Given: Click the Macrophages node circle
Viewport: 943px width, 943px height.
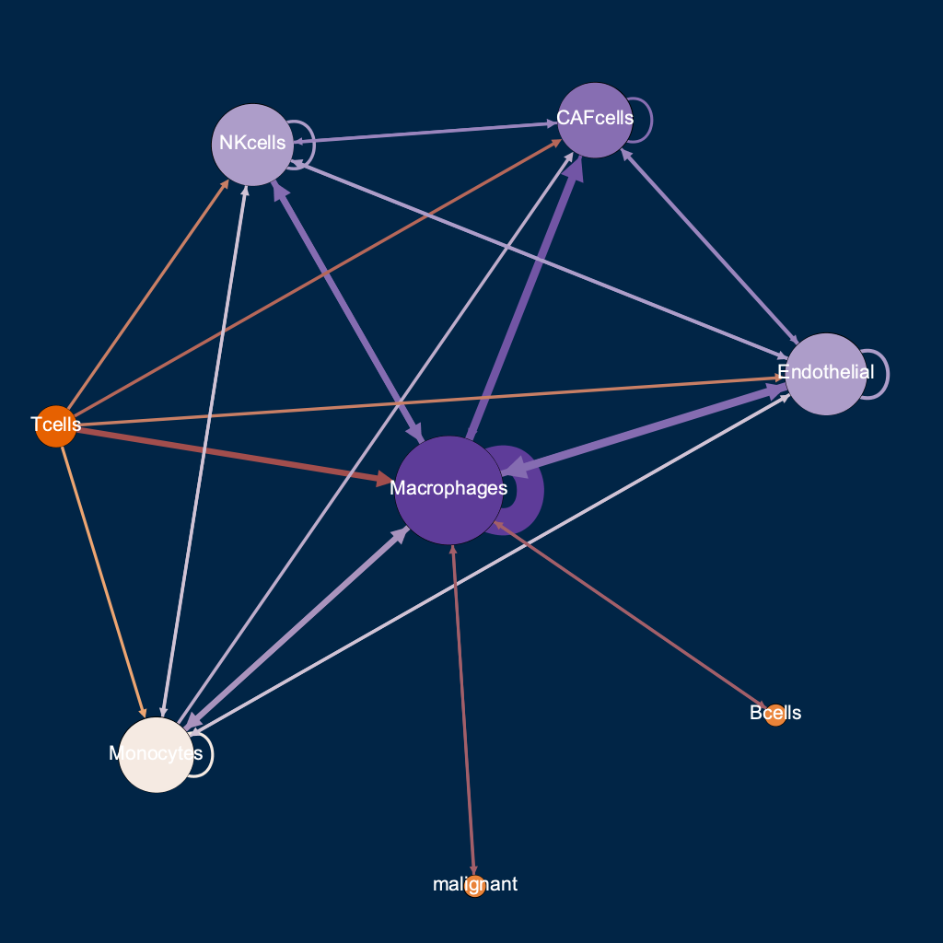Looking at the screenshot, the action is (448, 490).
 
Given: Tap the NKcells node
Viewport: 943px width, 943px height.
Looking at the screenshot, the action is (252, 144).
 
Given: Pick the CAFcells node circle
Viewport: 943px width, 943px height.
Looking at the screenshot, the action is (595, 120).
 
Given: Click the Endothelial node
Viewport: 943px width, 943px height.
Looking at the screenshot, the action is (826, 374).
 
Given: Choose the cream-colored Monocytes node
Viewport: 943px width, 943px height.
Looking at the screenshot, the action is (157, 754).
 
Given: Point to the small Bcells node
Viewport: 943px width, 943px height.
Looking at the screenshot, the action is (775, 715).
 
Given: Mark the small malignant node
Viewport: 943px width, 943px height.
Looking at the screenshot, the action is (475, 886).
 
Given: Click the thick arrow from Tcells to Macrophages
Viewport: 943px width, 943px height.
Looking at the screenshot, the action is (230, 453).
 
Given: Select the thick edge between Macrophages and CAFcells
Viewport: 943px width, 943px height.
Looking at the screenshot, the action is (525, 295).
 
